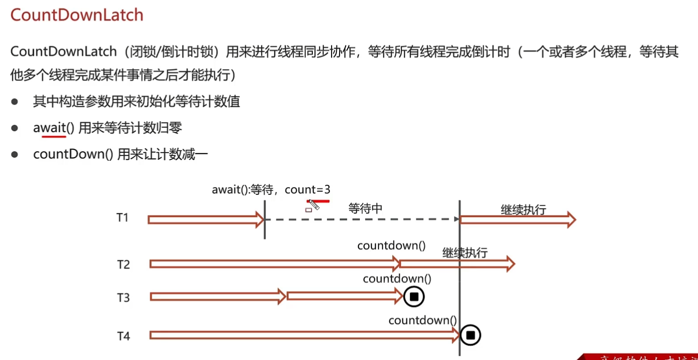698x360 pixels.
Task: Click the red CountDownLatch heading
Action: click(77, 15)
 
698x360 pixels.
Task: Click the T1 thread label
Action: click(122, 218)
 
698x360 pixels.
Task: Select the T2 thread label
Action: click(123, 264)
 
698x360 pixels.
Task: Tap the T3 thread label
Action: click(123, 297)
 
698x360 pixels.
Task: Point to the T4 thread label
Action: click(123, 336)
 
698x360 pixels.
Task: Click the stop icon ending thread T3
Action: click(414, 296)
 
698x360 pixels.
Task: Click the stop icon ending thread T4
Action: click(470, 335)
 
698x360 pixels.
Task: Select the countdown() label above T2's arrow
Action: click(391, 246)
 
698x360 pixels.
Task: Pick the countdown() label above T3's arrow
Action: click(397, 279)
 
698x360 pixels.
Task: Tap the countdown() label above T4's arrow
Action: click(422, 320)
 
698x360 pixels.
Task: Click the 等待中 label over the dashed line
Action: click(365, 208)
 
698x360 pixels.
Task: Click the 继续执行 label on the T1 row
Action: click(523, 210)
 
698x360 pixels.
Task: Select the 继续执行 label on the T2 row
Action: click(465, 253)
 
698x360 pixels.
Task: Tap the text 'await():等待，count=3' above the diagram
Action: click(271, 189)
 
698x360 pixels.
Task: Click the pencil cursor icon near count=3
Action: click(314, 205)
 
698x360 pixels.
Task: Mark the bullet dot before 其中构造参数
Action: click(14, 102)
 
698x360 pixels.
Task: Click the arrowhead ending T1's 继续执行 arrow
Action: click(571, 219)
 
